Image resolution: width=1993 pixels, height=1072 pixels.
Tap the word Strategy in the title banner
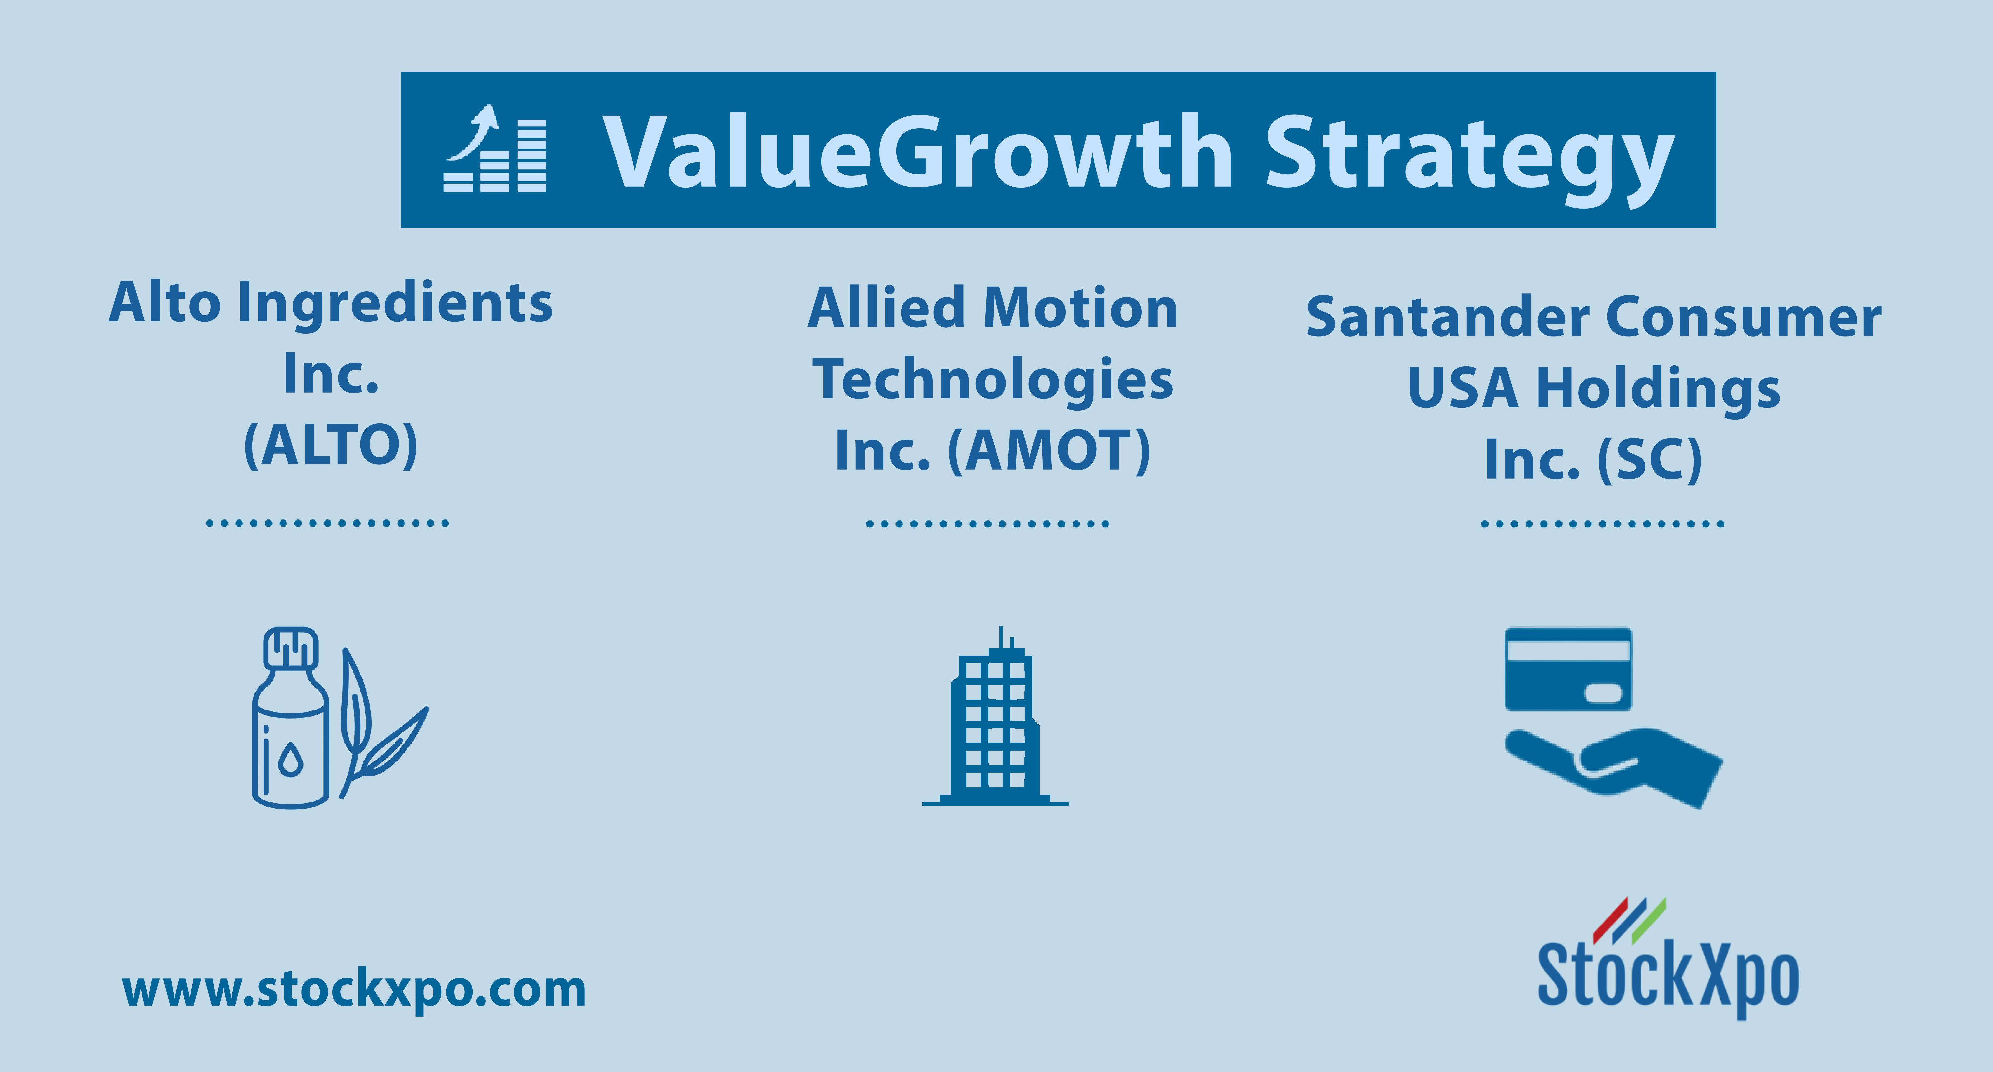click(1470, 159)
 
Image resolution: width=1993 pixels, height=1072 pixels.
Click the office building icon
click(996, 716)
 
